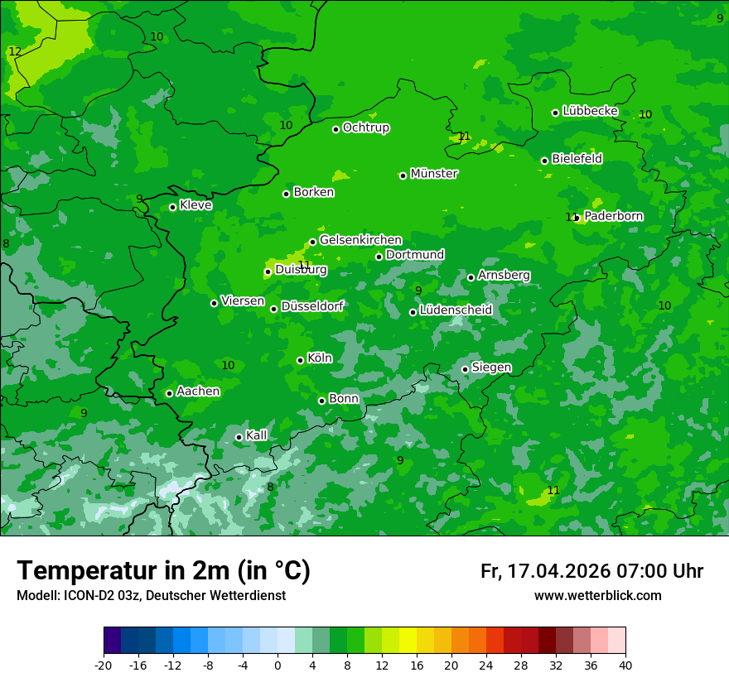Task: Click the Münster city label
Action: [x=434, y=174]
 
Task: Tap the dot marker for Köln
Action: [x=300, y=360]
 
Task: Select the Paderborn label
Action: [x=613, y=216]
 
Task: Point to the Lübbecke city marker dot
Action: [x=555, y=113]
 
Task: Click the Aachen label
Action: [x=198, y=392]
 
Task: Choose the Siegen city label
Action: [x=491, y=368]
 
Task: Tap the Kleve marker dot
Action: [x=172, y=207]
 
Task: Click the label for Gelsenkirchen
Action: [x=360, y=240]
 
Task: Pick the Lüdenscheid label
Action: [x=456, y=310]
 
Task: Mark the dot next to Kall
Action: [x=239, y=437]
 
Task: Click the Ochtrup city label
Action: [x=366, y=127]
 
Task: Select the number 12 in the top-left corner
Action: [x=15, y=51]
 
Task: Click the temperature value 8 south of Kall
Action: [x=270, y=487]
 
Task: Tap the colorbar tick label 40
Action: [x=625, y=665]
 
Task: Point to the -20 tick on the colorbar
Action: [x=104, y=665]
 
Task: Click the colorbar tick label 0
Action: [x=278, y=665]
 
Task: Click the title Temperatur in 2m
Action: [x=163, y=570]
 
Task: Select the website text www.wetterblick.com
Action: [x=597, y=596]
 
